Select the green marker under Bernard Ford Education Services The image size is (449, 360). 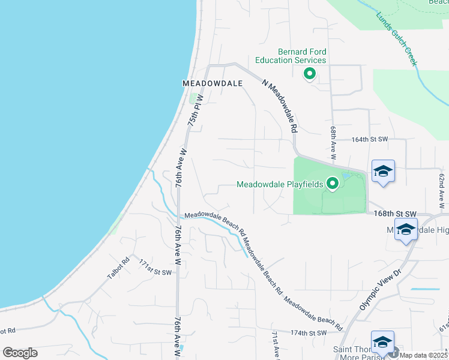310,74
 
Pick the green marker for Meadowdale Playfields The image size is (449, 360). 332,184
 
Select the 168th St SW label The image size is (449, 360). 394,213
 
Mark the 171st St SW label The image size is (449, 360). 155,268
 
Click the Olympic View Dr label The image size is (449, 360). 379,290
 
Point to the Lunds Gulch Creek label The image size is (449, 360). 397,39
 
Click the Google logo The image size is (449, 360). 20,353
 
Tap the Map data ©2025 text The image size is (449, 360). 424,355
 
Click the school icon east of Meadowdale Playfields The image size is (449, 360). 383,172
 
